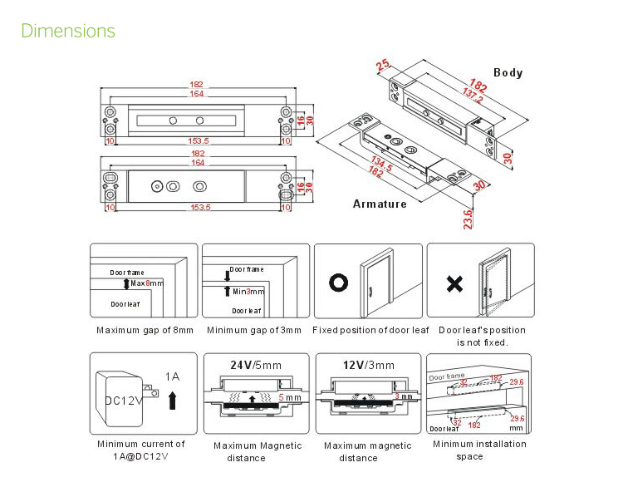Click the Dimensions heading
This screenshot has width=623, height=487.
click(68, 32)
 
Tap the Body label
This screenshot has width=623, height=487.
click(508, 72)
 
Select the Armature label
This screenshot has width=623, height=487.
click(380, 204)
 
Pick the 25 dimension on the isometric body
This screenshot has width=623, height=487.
click(383, 66)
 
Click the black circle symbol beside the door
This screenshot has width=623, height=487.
click(339, 283)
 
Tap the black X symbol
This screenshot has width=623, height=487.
click(454, 284)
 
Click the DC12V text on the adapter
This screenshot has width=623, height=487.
click(125, 401)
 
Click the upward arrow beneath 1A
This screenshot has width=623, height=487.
click(173, 401)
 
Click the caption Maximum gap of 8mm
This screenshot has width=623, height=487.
click(145, 330)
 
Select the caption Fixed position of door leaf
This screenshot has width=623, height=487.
click(370, 330)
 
